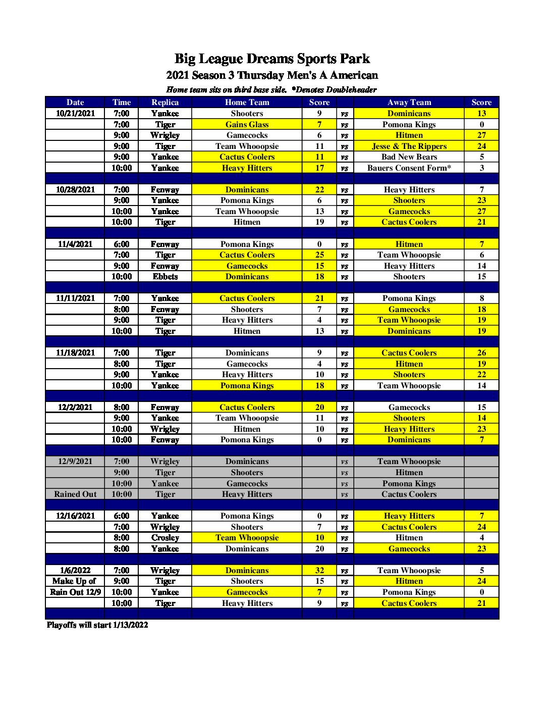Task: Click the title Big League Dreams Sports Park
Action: coord(272,59)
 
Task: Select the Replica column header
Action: coord(165,102)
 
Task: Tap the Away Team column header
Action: coord(409,102)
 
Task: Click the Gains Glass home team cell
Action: coord(247,124)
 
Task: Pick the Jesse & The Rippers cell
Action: coord(409,146)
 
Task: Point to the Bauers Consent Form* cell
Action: coord(409,168)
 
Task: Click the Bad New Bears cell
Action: coord(409,157)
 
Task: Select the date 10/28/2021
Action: coord(75,189)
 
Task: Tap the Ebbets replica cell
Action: coord(165,277)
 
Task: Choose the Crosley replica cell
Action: coord(165,538)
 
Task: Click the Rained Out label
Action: coord(75,494)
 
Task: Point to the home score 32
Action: coord(319,571)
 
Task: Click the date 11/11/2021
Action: coord(75,298)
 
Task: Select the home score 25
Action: coord(319,255)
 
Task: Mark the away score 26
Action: coord(481,353)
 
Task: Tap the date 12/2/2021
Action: coord(75,407)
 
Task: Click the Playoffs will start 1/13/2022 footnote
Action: coord(97,625)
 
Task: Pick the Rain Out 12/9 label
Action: coord(75,592)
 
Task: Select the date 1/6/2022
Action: coord(75,571)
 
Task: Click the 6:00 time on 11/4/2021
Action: coord(121,244)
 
